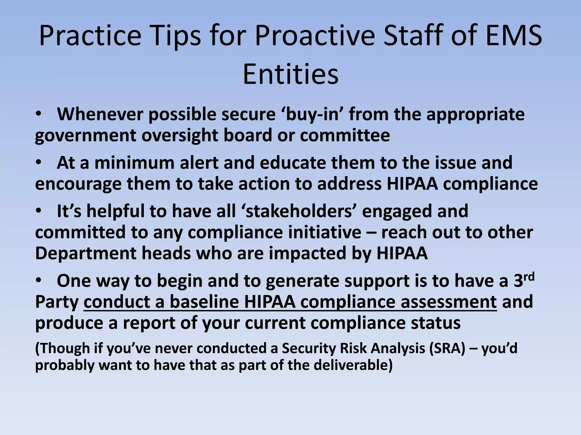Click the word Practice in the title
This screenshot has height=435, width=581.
pyautogui.click(x=90, y=36)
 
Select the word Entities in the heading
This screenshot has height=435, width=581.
pyautogui.click(x=290, y=74)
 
